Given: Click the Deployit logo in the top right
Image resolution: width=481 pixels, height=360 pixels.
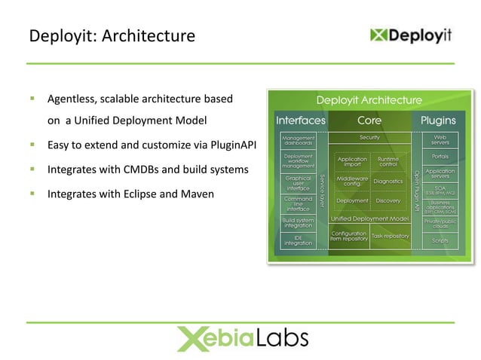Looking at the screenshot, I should coord(412,35).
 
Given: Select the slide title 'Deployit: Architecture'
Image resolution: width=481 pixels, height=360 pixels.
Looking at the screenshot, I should coord(112,35).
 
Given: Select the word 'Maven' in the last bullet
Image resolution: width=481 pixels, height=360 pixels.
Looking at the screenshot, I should coord(198,194).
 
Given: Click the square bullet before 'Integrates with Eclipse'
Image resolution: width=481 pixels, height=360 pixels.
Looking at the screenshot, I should coord(33,194).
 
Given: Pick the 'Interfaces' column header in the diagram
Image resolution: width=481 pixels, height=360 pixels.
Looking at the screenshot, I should coord(301,121).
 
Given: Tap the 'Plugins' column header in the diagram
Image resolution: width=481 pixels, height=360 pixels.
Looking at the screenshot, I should coord(438,121).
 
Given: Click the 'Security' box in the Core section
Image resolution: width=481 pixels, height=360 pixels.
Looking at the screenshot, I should coord(369,138).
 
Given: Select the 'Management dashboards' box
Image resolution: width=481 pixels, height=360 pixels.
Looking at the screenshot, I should coord(298,141).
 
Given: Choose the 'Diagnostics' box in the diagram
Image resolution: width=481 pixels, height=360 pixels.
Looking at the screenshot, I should coord(388,182).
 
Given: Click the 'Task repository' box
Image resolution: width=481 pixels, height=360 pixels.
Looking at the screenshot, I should coord(390,236).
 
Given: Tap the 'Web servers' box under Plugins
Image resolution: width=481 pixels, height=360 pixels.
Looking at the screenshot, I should coord(440,140).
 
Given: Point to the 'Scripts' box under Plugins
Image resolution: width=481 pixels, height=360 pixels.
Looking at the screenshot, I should coord(440,241).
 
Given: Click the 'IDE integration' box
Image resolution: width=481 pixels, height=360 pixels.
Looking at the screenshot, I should coord(298,240).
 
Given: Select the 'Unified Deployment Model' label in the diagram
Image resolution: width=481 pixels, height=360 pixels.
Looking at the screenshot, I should coord(369,218).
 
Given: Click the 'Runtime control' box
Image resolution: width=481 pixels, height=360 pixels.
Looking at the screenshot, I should coord(388,162).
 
